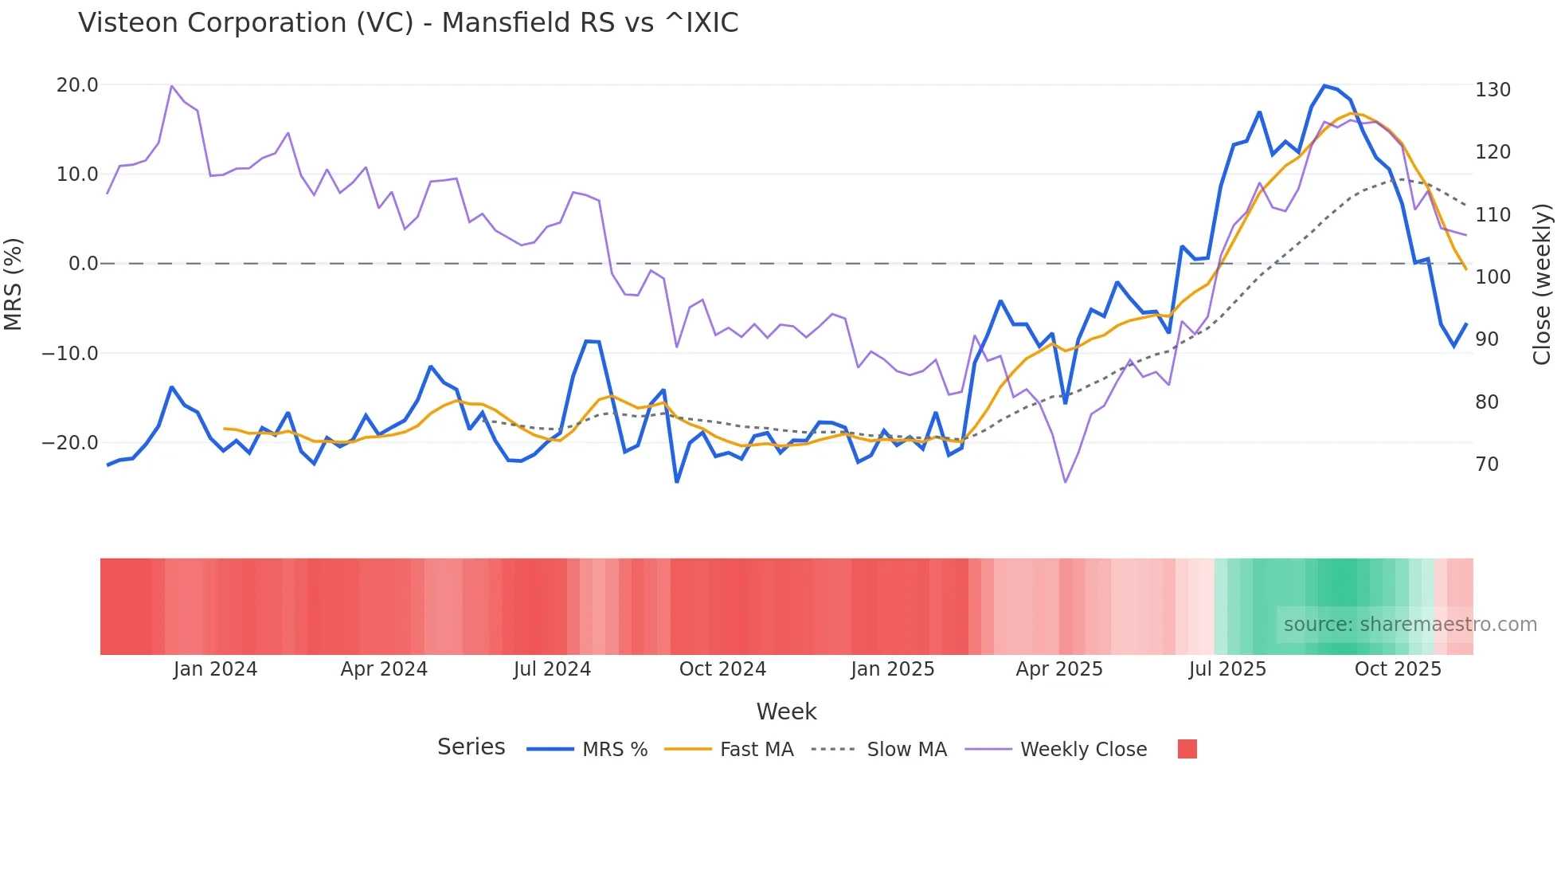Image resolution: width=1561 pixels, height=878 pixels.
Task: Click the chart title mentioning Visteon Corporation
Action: [408, 23]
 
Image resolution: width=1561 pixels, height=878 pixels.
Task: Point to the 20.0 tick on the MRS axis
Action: [77, 85]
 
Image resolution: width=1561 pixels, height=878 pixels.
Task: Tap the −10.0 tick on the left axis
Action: [70, 353]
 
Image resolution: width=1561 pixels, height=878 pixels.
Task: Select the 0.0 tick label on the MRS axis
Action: [83, 264]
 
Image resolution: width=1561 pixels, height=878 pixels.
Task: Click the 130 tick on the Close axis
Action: [1493, 90]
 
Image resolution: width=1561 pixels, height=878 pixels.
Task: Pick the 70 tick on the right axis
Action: [1487, 464]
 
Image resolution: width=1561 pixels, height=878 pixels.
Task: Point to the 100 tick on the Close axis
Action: [1493, 277]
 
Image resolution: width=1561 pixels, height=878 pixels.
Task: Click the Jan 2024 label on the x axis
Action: [215, 669]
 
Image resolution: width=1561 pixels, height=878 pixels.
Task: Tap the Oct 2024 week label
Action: [722, 669]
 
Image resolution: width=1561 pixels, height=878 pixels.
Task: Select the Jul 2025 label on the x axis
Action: [1227, 669]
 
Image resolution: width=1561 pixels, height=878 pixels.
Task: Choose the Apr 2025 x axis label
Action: [1059, 669]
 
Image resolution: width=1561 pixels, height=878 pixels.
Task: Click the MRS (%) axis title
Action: [14, 284]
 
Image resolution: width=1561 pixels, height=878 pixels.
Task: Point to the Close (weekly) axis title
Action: [1542, 284]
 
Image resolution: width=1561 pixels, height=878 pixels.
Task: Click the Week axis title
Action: [786, 711]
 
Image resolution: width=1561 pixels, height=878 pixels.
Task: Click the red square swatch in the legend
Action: [1187, 749]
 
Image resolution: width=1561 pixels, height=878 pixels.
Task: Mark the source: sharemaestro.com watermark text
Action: [1410, 625]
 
